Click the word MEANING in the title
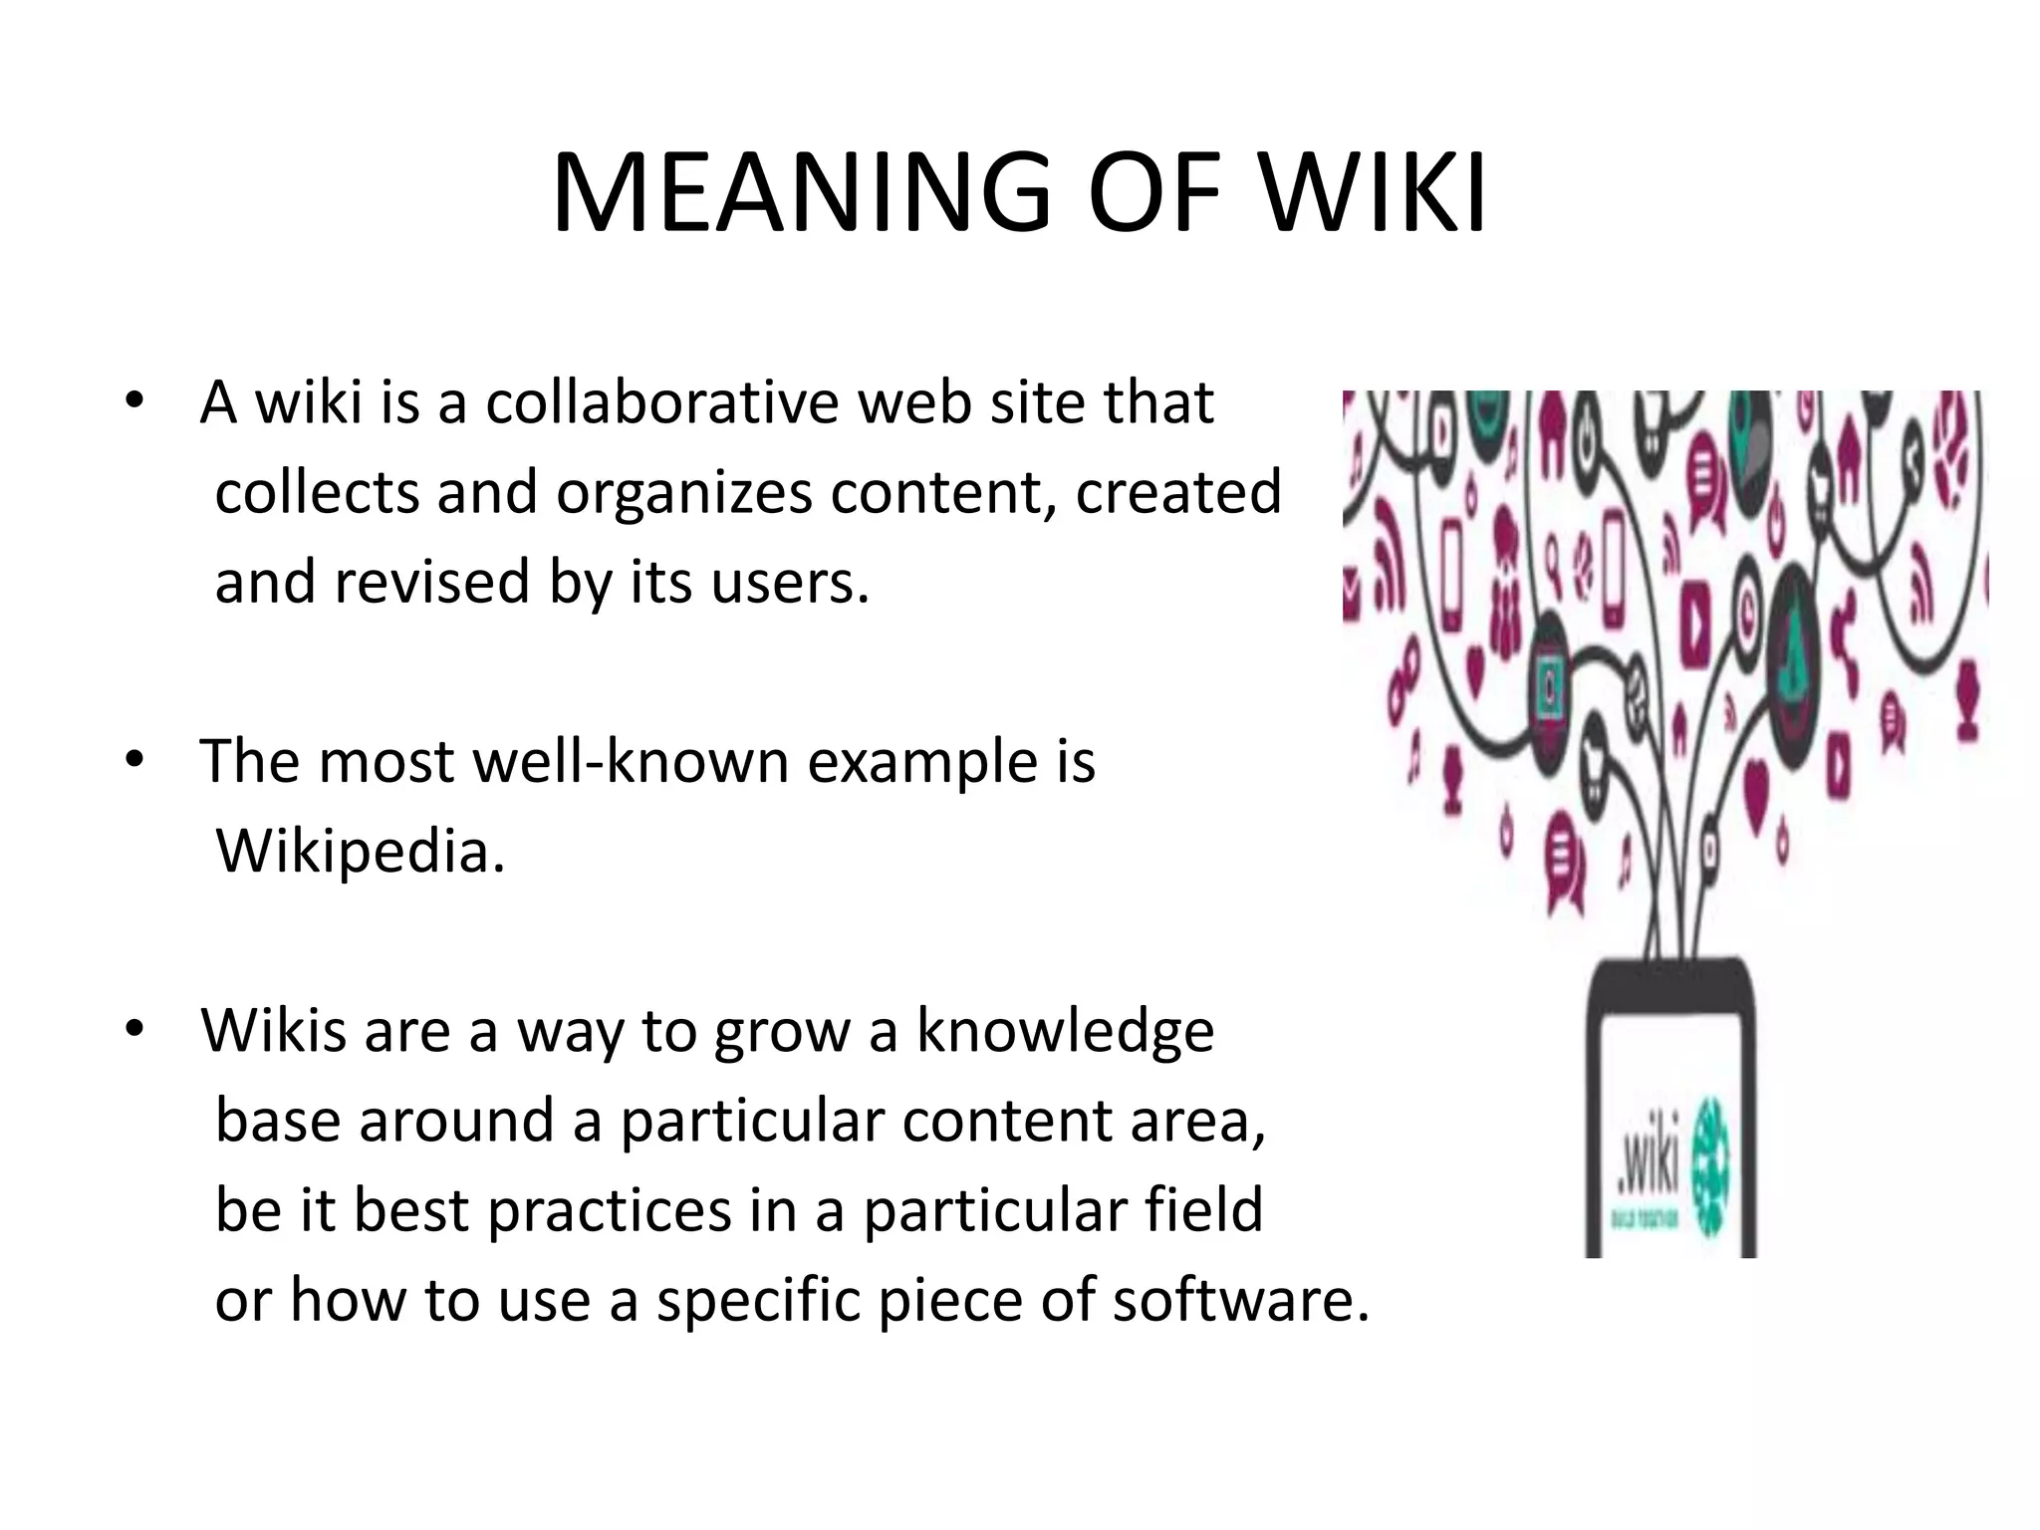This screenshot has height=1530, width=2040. point(801,193)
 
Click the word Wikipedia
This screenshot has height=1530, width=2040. point(360,852)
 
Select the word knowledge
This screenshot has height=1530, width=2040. point(1065,1031)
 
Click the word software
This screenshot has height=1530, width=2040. point(1240,1301)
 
